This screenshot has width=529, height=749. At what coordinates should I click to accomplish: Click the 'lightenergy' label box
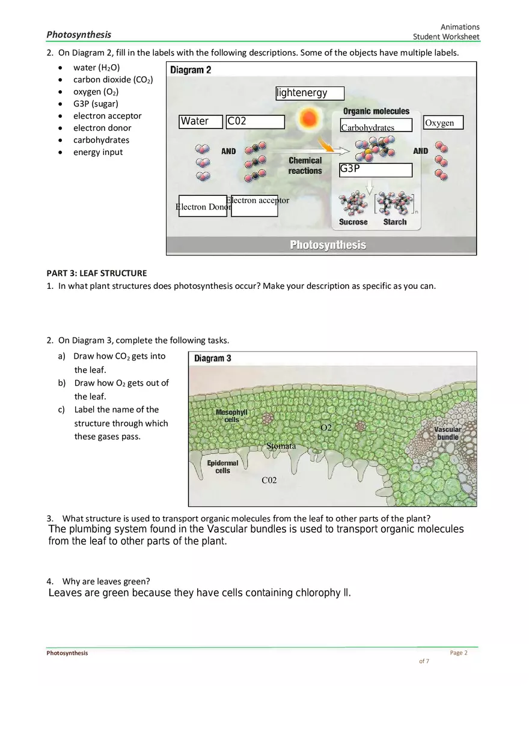(x=310, y=93)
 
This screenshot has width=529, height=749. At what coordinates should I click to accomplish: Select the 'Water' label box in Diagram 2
(x=201, y=122)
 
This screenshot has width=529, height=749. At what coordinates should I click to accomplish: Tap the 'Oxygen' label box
(x=443, y=123)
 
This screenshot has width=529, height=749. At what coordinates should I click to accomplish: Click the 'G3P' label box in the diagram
(x=376, y=169)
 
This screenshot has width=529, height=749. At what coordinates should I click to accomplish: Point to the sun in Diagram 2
(x=310, y=118)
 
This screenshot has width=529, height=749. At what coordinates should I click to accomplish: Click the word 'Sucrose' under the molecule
(x=353, y=222)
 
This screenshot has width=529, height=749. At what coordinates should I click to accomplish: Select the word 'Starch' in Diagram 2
(x=395, y=222)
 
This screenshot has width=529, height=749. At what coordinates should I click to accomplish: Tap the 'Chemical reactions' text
(x=305, y=166)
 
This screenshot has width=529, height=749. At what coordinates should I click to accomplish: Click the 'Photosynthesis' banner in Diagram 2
(x=328, y=245)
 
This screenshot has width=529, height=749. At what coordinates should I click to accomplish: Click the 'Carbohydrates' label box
(x=376, y=126)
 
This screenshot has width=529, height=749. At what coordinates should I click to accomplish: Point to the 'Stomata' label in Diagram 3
(x=281, y=446)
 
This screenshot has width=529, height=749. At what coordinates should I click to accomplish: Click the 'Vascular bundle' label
(x=448, y=433)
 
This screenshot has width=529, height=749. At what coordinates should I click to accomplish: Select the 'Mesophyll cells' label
(x=231, y=416)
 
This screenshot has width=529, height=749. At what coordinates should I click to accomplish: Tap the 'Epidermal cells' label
(x=222, y=467)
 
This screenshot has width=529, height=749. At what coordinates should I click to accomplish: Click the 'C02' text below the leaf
(x=269, y=481)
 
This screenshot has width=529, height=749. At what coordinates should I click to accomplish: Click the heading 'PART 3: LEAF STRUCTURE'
(x=97, y=273)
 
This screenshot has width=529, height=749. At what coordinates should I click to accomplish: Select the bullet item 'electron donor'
(x=102, y=128)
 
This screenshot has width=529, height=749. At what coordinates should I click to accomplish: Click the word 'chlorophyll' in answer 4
(x=323, y=593)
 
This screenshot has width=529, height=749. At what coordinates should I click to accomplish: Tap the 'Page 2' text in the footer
(x=459, y=653)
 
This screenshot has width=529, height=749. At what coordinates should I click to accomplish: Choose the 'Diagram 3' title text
(x=213, y=359)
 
